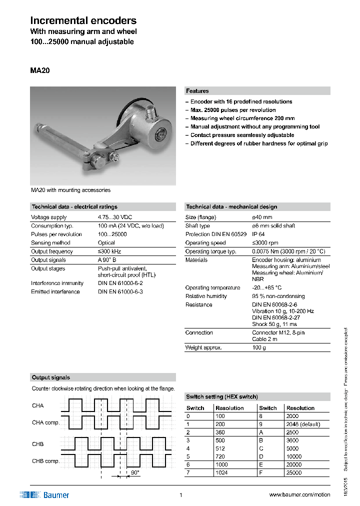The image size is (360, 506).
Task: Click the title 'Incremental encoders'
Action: tap(83, 20)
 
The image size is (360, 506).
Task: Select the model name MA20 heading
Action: tap(40, 70)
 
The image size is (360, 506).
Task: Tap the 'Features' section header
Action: tap(197, 91)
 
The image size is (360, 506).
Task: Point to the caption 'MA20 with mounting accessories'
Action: tap(70, 190)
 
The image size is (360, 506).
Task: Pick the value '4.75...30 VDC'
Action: tap(115, 217)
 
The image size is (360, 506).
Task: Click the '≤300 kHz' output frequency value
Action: tap(109, 251)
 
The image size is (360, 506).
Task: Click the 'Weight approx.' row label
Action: tap(203, 347)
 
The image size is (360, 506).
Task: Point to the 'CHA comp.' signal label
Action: tap(45, 422)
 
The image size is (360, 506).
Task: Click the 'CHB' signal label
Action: tap(37, 444)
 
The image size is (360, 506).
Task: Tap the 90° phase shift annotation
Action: tap(135, 472)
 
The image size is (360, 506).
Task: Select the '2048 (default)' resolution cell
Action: tap(303, 424)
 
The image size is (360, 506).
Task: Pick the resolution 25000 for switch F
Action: tap(294, 472)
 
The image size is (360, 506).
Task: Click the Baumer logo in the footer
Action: tap(44, 495)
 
